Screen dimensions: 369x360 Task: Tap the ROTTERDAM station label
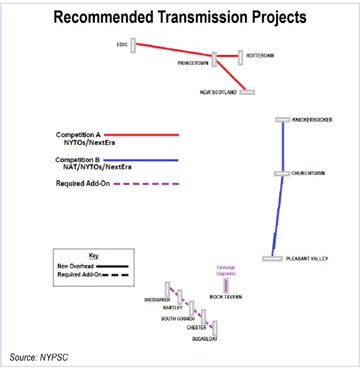pos(260,56)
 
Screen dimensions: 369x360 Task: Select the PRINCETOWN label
pos(193,63)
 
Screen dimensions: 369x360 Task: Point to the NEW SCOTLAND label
pos(218,92)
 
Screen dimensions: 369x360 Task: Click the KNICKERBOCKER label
pos(312,120)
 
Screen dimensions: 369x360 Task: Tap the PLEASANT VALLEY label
pos(308,258)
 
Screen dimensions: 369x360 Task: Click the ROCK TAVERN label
pos(225,297)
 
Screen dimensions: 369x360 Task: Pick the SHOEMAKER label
pos(158,300)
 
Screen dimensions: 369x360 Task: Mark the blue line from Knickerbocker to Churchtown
pos(283,146)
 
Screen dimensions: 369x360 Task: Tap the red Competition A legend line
pos(141,134)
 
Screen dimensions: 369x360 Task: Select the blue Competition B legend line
pos(141,160)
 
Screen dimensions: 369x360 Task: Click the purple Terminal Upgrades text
pos(225,270)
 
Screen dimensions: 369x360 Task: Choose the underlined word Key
pos(93,255)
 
